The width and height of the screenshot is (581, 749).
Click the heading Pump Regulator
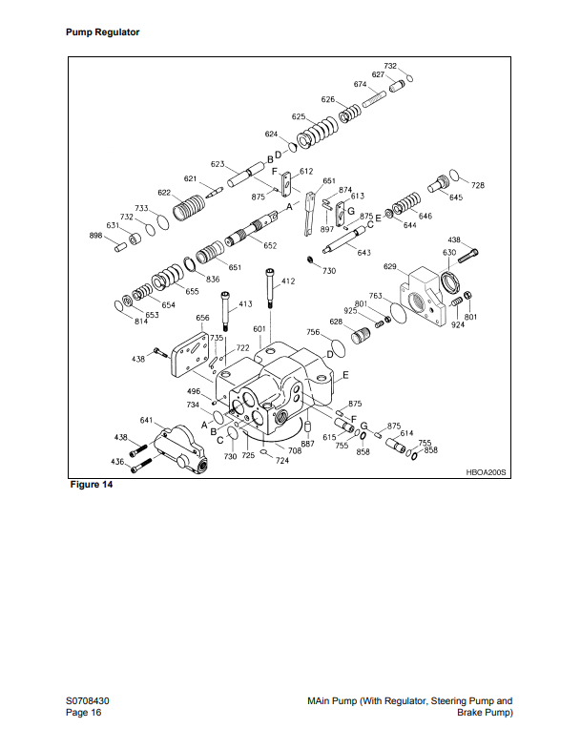point(102,32)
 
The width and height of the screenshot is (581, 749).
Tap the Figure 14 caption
point(91,486)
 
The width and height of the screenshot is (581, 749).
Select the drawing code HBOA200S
point(488,472)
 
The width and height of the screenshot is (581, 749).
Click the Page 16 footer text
point(83,713)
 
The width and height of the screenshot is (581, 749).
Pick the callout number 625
point(299,116)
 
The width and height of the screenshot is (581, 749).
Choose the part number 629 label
point(390,266)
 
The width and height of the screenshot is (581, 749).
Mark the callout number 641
point(147,420)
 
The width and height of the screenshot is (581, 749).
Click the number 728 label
point(478,185)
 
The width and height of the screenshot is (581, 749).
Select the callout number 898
point(96,236)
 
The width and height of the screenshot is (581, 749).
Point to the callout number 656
point(202,317)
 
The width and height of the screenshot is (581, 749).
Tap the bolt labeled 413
point(225,312)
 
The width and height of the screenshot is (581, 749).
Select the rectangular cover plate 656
point(191,356)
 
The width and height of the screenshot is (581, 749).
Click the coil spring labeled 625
point(318,133)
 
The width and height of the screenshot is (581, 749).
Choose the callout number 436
point(117,462)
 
